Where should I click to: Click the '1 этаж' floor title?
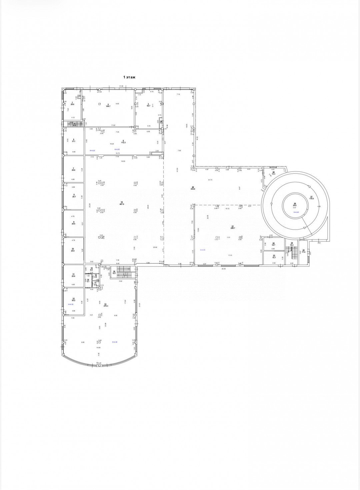129,77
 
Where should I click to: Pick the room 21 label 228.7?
233,227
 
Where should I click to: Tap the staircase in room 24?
294,252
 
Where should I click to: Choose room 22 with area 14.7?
273,245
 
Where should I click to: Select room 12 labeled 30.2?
73,299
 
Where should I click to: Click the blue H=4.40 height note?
295,212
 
